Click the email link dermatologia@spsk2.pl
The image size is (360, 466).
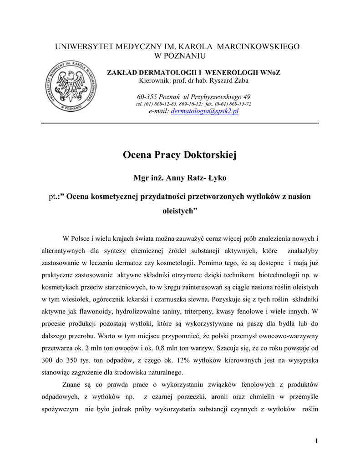[204, 111]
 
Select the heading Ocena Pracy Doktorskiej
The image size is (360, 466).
[180, 155]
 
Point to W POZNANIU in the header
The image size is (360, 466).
[180, 56]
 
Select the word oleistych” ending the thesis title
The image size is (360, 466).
[180, 212]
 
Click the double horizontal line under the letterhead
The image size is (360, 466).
[180, 124]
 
